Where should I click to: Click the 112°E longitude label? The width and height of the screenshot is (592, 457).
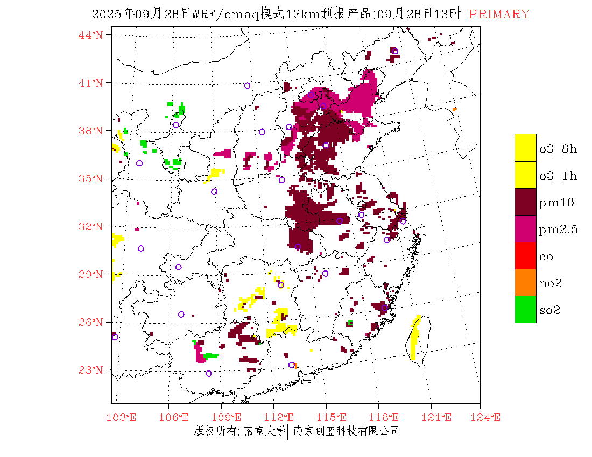coord(282,417)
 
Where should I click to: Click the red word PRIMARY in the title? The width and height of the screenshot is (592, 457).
coord(499,15)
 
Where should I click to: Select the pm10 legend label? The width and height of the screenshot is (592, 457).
coord(556,203)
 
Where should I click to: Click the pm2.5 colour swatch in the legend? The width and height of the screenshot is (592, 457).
coord(525,228)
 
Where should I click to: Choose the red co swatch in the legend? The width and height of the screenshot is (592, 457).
coord(525,255)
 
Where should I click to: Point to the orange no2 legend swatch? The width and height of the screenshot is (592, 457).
coord(525,282)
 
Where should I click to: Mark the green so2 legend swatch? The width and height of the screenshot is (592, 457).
coord(525,309)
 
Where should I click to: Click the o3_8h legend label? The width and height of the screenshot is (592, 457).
coord(558,149)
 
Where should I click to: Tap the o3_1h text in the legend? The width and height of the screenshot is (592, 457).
coord(558,176)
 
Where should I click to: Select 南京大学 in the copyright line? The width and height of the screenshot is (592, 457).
coord(264,431)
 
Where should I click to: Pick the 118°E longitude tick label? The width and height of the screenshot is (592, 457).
coord(387,417)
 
